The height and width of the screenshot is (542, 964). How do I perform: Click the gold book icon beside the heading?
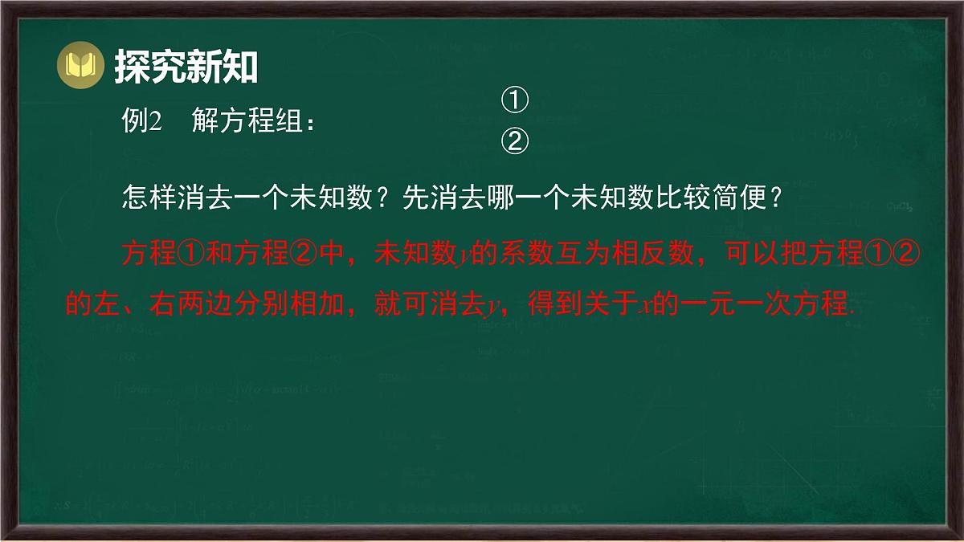point(80,65)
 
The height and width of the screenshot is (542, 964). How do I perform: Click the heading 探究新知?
point(186,67)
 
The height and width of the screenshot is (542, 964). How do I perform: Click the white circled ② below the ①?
point(515,141)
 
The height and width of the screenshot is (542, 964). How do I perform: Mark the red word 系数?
point(525,255)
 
